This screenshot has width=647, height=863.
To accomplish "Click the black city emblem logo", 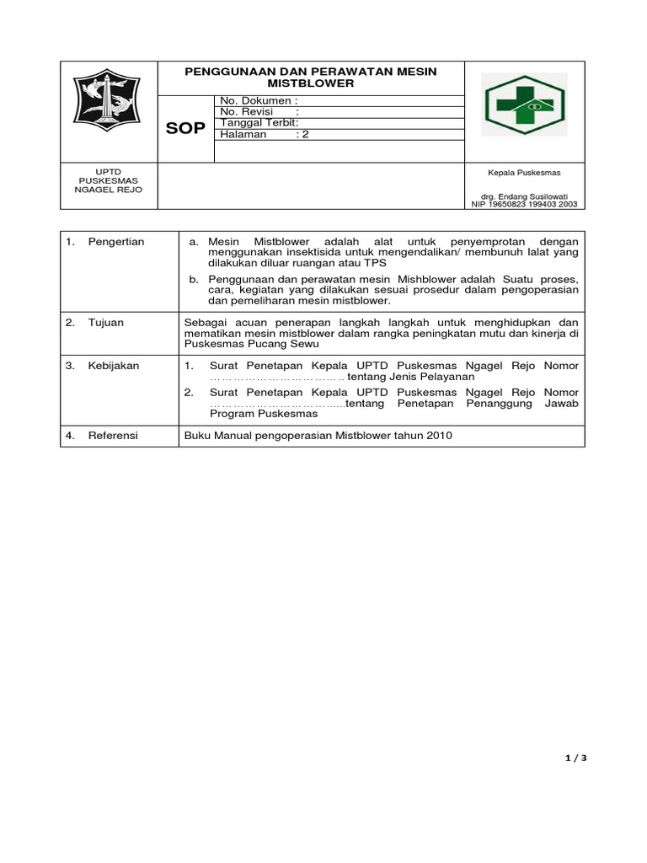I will coord(110,110).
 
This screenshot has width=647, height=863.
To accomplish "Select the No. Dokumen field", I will coord(259,101).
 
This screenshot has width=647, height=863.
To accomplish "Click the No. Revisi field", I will coord(259,112).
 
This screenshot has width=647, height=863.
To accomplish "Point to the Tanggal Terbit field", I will coord(259,123).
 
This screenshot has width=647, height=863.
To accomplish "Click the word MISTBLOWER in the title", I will coord(311,84).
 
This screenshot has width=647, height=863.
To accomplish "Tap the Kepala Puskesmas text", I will coord(524,172).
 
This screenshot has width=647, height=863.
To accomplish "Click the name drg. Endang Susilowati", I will coord(524,196).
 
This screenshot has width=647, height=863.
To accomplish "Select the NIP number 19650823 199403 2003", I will coord(524,204).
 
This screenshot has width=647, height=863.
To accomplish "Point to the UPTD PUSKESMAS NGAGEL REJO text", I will coord(110,180).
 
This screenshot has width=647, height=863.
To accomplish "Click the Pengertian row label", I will coord(115,242).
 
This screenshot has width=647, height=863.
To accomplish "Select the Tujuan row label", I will coord(105,323).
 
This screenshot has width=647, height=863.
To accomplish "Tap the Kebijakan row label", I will coord(113,366).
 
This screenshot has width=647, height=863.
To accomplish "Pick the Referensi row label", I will coord(113,435).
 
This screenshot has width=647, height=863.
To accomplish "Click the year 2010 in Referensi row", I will coord(439,435).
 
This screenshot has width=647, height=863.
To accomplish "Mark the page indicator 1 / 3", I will coord(575,758).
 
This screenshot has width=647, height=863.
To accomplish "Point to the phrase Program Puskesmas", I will coord(263,414).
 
